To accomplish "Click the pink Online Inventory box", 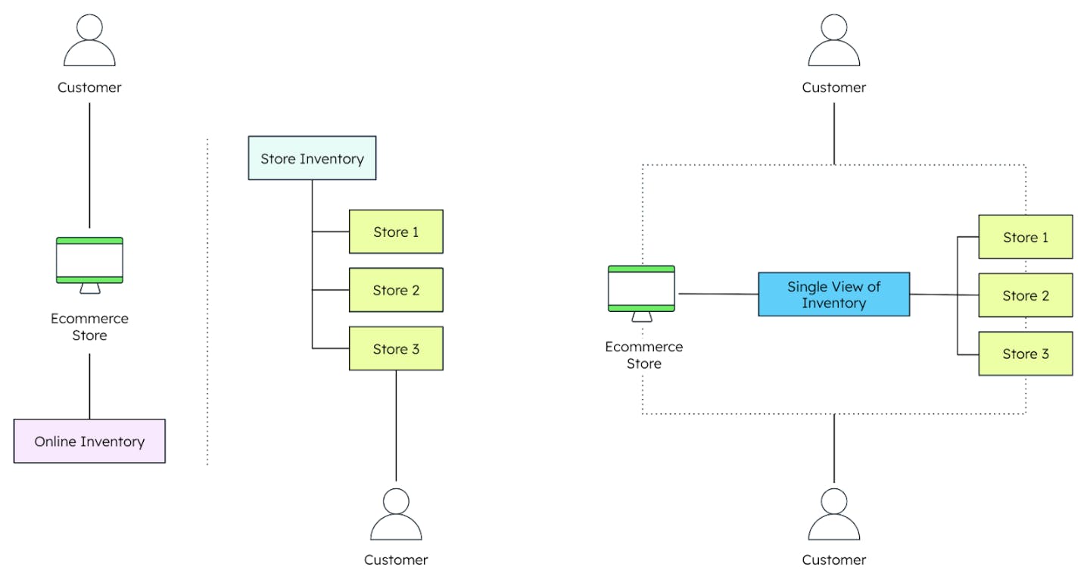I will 89,441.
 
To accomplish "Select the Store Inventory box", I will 312,158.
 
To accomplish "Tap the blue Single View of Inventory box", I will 833,295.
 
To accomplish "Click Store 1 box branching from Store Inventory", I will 396,232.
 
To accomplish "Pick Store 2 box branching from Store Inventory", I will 396,290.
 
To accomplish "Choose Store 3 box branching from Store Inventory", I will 396,348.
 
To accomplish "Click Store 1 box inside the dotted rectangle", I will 1025,237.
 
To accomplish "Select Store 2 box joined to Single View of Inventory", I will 1025,295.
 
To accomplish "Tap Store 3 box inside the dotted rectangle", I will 1025,354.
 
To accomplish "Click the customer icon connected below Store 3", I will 396,515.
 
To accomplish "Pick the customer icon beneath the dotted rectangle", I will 833,515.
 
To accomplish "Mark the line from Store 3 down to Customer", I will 396,424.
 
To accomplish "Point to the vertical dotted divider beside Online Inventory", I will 207,303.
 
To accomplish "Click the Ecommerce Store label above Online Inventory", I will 89,327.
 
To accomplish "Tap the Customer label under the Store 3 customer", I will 396,560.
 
